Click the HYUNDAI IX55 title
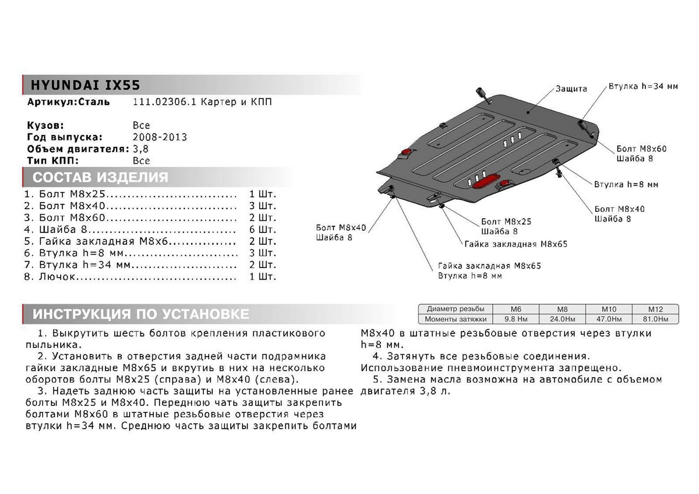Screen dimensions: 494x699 point(82,85)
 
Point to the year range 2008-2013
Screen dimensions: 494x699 point(160,137)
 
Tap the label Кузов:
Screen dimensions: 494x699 point(45,125)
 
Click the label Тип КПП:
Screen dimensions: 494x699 point(52,161)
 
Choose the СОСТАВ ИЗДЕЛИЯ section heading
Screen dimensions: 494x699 point(100,178)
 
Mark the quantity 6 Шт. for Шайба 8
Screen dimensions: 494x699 point(262,230)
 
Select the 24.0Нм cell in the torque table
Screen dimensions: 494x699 point(563,319)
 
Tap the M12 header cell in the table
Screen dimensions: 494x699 point(655,310)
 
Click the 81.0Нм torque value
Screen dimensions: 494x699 point(655,319)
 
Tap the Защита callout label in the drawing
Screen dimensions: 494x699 point(571,89)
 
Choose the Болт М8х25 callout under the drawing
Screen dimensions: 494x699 point(506,222)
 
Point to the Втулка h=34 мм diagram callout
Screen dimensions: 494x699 point(643,86)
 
